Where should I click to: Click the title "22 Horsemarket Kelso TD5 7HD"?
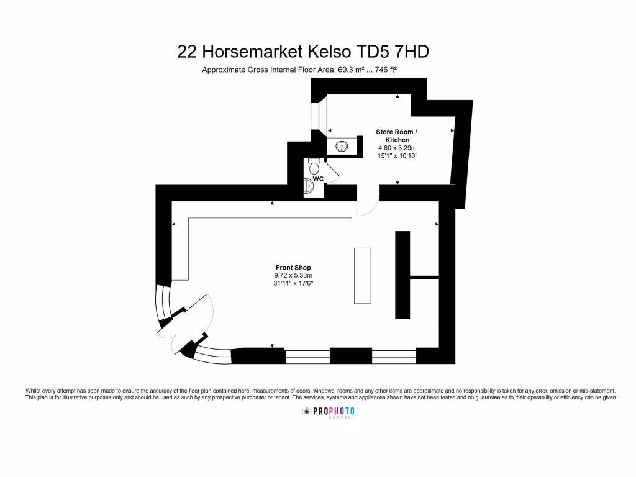point(303,52)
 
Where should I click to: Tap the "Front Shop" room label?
point(293,268)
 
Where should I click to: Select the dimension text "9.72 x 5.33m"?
point(293,276)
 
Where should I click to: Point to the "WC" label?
point(318,179)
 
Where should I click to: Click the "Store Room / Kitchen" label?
point(397,136)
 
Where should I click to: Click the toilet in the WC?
point(314,167)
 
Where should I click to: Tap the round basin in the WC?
point(309,186)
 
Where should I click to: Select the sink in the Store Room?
point(342,147)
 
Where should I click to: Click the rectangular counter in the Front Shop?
point(363,275)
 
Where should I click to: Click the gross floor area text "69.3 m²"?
point(350,70)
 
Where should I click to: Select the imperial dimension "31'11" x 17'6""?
point(293,284)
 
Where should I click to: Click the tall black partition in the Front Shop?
point(402,274)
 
